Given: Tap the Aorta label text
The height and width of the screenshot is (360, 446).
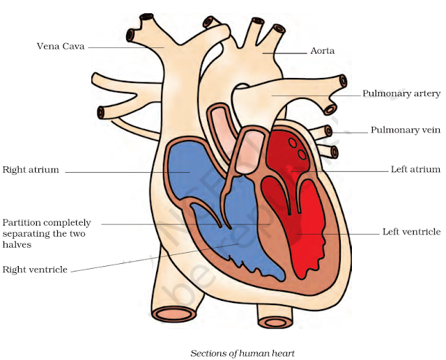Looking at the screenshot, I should coord(322,52).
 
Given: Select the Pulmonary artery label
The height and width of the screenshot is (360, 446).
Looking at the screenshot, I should coord(401,93).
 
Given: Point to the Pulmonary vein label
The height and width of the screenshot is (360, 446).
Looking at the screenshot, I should coord(405,130).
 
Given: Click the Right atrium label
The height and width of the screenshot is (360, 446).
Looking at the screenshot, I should coord(31,169).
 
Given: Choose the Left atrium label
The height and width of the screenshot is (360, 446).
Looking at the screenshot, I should coord(415,169).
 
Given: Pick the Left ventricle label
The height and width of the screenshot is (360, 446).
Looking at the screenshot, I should coord(411,232).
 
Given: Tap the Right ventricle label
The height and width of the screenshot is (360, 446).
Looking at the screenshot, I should coord(35,269).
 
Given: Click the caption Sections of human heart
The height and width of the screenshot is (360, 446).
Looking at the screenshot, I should coord(243,353).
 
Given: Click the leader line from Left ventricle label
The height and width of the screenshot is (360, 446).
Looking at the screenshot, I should coord(341,233).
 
